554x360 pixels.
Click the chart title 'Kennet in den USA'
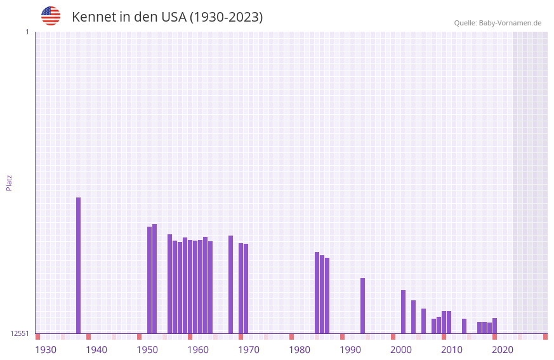(167, 17)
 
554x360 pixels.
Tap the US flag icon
(51, 16)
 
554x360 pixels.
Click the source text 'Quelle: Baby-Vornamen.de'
(498, 23)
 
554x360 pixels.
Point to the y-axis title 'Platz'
(9, 182)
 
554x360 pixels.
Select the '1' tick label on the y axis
(27, 32)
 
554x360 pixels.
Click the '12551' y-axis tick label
(20, 333)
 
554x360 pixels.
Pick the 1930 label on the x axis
(46, 350)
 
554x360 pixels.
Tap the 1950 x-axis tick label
(147, 350)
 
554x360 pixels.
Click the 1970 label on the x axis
(249, 350)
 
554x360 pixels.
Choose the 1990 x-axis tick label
(350, 350)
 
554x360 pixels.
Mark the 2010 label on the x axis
(452, 350)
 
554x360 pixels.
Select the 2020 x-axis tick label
(503, 350)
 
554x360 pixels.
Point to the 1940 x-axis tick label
(96, 350)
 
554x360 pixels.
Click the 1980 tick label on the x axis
(300, 350)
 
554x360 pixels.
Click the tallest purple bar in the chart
(79, 265)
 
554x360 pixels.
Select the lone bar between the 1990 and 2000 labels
(363, 305)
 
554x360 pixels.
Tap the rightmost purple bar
(495, 326)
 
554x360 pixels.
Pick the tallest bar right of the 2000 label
(404, 312)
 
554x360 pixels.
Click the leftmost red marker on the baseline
(38, 337)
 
